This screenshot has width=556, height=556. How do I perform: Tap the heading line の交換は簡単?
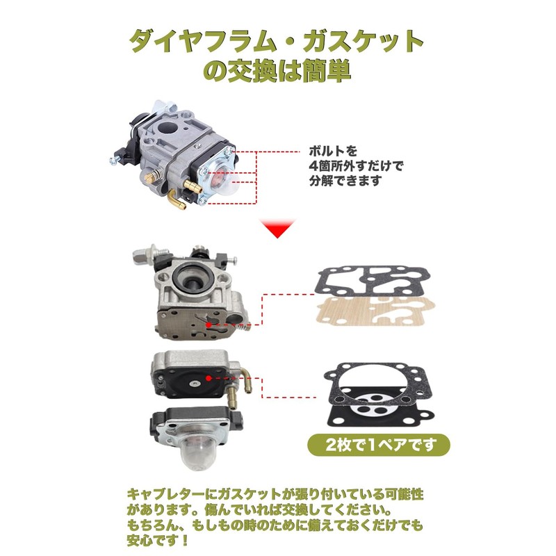(x=277, y=72)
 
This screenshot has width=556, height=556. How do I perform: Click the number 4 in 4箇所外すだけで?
(x=313, y=167)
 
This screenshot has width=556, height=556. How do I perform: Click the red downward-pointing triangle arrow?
(x=278, y=229)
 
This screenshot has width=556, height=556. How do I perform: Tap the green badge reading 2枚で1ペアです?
(x=379, y=444)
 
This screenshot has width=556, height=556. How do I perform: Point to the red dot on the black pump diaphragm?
(x=207, y=379)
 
